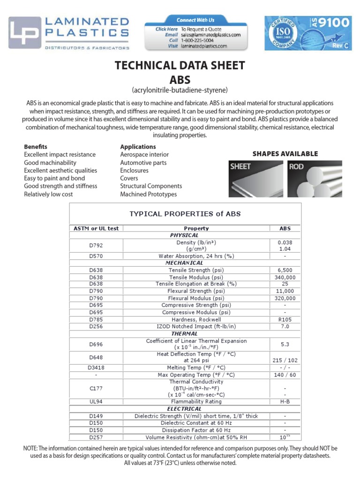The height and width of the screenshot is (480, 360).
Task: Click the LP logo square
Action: coord(25,33)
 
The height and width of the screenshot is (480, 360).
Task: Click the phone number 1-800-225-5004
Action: coord(197,40)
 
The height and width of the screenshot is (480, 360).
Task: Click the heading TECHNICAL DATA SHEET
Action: coord(180,65)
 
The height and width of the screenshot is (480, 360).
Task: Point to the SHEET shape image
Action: coord(255,179)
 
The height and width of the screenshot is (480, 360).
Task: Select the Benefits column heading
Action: coord(36,147)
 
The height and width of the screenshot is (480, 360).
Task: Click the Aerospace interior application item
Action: coord(144,155)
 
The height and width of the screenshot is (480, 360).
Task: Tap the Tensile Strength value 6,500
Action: coord(285,270)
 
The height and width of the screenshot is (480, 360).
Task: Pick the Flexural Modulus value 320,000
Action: coord(285,298)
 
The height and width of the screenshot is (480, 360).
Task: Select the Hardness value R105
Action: coord(285,319)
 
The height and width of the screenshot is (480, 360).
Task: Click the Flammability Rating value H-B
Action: coord(285,402)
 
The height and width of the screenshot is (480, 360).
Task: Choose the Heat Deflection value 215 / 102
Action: coord(285,360)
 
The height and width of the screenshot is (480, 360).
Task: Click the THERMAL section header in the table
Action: coord(184,333)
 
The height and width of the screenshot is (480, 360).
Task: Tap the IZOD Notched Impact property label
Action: coord(196,326)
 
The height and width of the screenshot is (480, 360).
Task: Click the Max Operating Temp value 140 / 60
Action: coord(285,375)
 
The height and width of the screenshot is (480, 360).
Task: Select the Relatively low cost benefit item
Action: coord(49,194)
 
